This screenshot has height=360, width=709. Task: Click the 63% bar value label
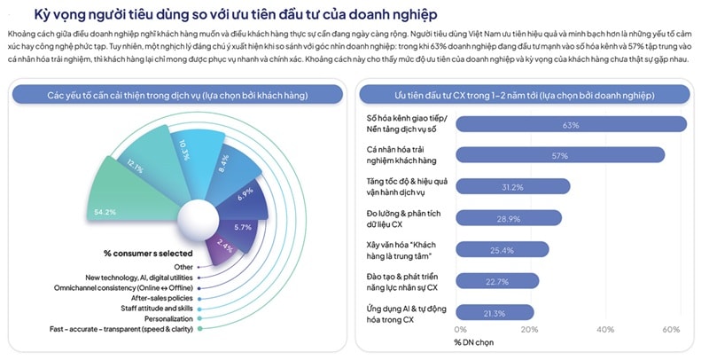(x=570, y=125)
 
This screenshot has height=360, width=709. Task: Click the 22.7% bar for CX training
(x=496, y=281)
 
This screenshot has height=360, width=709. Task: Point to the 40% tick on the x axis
(x=606, y=330)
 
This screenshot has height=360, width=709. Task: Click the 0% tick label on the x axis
(x=455, y=330)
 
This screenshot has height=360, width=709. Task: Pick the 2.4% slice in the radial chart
(x=225, y=247)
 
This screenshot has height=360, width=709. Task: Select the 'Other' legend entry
(x=183, y=266)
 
